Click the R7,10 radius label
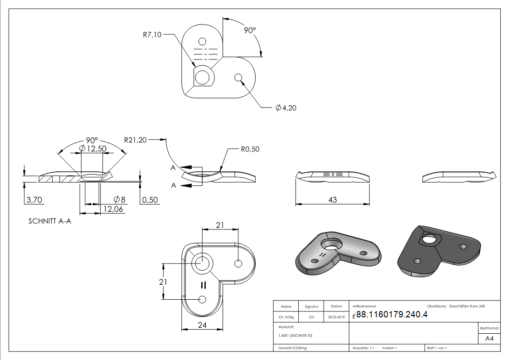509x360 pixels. pyautogui.click(x=152, y=34)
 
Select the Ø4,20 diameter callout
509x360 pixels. pyautogui.click(x=286, y=108)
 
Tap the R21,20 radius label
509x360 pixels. pyautogui.click(x=135, y=140)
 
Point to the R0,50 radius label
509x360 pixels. pyautogui.click(x=250, y=149)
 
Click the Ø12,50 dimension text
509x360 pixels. pyautogui.click(x=93, y=149)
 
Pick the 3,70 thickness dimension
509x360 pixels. pyautogui.click(x=34, y=200)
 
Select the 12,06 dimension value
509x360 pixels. pyautogui.click(x=113, y=209)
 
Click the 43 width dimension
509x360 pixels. pyautogui.click(x=332, y=200)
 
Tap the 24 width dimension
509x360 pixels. pyautogui.click(x=202, y=325)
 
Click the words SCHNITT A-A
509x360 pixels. pyautogui.click(x=50, y=221)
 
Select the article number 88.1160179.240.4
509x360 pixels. pyautogui.click(x=392, y=314)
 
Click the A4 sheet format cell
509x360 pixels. pyautogui.click(x=489, y=339)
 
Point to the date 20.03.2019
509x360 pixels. pyautogui.click(x=336, y=317)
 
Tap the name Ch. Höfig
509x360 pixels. pyautogui.click(x=286, y=317)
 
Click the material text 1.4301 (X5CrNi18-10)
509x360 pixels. pyautogui.click(x=295, y=336)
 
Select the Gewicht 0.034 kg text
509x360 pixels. pyautogui.click(x=292, y=348)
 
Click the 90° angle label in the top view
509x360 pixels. pyautogui.click(x=250, y=30)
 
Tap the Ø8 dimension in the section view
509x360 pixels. pyautogui.click(x=119, y=199)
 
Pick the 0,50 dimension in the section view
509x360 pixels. pyautogui.click(x=150, y=200)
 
